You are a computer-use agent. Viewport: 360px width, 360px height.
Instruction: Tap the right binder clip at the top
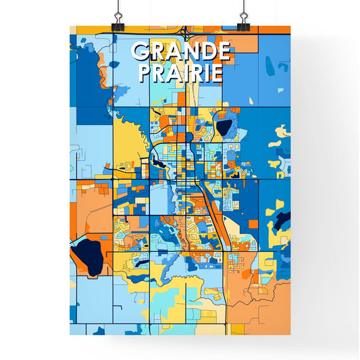tap(242, 18)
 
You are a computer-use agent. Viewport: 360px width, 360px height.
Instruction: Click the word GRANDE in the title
tap(181, 51)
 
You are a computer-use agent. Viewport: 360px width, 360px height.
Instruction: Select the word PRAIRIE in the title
tap(180, 72)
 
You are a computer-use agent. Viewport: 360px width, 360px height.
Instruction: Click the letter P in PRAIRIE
tap(145, 72)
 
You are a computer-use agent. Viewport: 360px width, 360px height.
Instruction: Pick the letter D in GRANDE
tap(207, 51)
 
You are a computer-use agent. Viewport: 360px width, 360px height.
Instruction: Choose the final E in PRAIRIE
tap(216, 72)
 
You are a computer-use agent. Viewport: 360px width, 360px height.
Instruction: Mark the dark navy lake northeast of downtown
tap(224, 126)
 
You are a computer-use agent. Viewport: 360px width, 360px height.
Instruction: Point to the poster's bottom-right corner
tap(290, 335)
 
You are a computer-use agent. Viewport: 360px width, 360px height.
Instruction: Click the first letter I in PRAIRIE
tap(186, 72)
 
